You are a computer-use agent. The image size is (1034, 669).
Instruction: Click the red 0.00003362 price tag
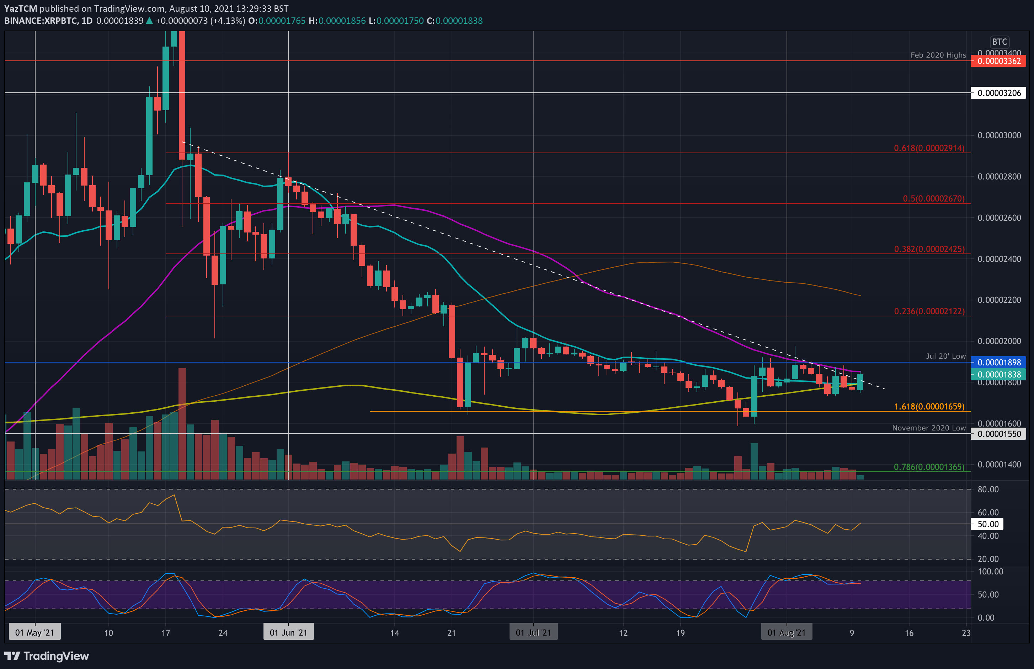coord(998,61)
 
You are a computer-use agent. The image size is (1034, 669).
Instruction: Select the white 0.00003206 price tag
coord(998,93)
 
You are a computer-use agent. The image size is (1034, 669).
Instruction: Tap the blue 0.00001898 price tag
coord(998,362)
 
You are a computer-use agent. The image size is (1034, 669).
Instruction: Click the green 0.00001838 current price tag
coord(998,374)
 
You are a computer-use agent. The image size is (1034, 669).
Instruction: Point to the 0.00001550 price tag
coord(998,434)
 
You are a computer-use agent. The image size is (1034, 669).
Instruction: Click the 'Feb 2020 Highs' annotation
coord(938,55)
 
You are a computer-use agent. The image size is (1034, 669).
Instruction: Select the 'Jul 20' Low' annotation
coord(945,356)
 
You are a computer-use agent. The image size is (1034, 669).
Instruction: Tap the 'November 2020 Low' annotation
coord(928,428)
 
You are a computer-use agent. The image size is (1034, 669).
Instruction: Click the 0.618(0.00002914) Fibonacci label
coord(929,148)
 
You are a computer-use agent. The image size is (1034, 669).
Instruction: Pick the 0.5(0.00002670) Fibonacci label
coord(933,198)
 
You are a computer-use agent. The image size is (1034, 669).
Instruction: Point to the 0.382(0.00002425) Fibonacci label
coord(929,249)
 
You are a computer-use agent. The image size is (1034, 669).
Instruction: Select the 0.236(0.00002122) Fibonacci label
coord(929,311)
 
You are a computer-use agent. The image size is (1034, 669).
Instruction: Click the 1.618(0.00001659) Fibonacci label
coord(929,407)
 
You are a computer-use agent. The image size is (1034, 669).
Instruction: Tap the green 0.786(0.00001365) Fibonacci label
coord(929,467)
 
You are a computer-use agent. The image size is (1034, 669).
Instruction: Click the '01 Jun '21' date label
coord(288,632)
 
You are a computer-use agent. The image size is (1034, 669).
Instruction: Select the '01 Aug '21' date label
coord(787,632)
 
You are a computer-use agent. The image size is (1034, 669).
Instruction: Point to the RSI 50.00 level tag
coord(987,524)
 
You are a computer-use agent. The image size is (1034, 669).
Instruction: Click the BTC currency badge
coord(999,42)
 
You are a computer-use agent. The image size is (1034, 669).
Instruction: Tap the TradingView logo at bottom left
coord(47,655)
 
